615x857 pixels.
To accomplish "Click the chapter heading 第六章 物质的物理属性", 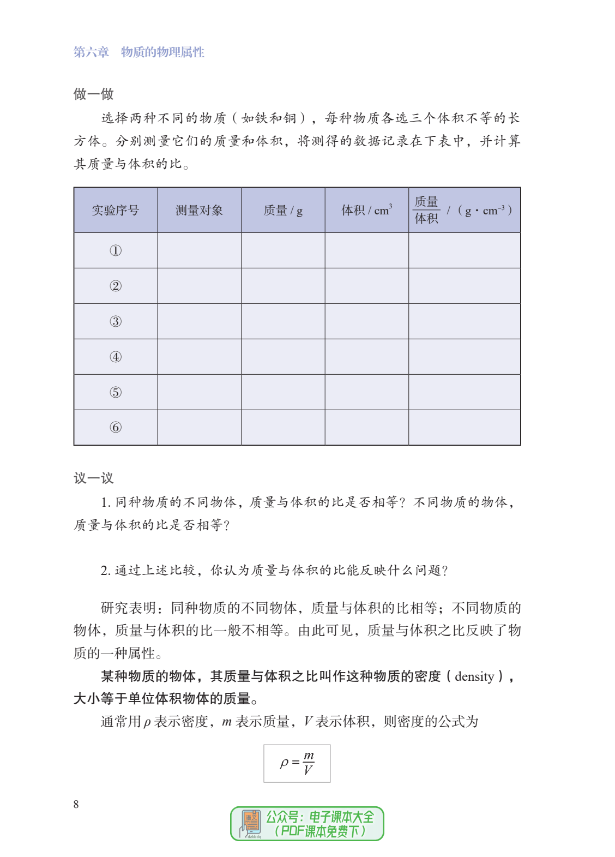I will [x=138, y=52].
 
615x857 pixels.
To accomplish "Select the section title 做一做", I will [x=93, y=94].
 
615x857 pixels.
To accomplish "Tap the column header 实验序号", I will [x=115, y=211].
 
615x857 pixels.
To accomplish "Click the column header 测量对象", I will [x=199, y=211].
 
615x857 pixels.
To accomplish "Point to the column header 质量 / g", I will [x=283, y=211].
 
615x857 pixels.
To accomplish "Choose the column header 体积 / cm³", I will [x=366, y=211].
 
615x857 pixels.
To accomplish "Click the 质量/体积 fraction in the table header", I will [x=426, y=211].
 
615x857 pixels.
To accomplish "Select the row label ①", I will [x=115, y=251].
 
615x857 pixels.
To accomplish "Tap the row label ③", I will [x=115, y=321].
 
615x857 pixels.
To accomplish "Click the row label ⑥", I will [x=115, y=428].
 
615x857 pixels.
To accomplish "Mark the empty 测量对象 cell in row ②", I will [x=199, y=286].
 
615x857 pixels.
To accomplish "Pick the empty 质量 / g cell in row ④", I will [x=283, y=357].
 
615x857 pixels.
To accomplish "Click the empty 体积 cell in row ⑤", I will [x=366, y=392].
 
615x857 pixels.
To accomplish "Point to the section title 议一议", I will [x=93, y=478].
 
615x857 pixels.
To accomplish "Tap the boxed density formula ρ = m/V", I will [x=297, y=763].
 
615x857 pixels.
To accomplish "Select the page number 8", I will [x=76, y=804].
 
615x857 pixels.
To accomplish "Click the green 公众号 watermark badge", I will [x=307, y=824].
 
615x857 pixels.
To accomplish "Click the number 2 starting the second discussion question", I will [x=105, y=571].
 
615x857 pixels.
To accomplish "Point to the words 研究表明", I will [x=128, y=608].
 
